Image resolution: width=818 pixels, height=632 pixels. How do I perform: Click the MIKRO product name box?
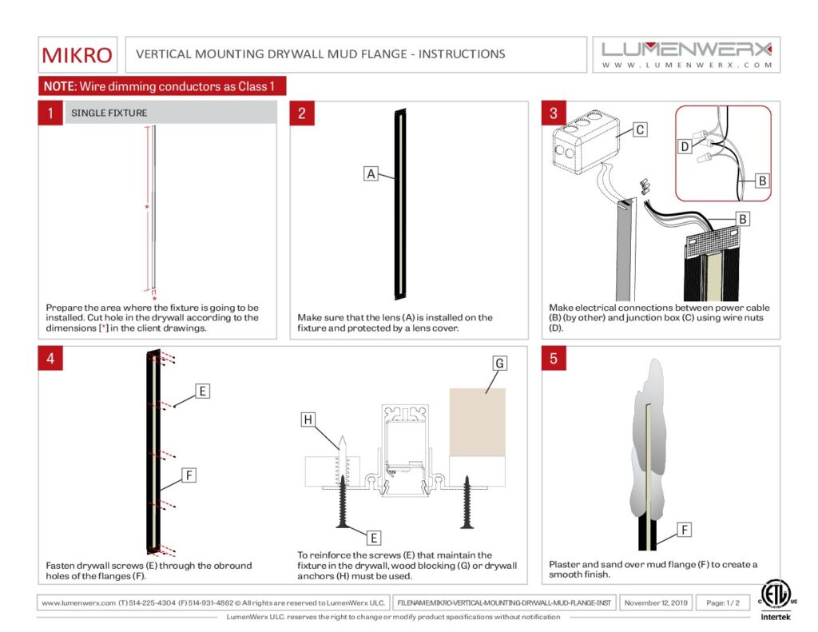point(77,54)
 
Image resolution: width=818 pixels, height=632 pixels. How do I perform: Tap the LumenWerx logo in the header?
point(686,54)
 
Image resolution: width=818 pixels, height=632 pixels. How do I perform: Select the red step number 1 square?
point(50,113)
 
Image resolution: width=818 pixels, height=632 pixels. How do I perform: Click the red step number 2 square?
point(302,113)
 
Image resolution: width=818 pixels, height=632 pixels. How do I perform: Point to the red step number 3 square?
point(554,113)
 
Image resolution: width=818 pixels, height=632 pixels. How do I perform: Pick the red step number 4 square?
point(50,358)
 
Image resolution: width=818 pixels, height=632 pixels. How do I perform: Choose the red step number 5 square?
point(554,358)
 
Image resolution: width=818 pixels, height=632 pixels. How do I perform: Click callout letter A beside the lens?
point(371,173)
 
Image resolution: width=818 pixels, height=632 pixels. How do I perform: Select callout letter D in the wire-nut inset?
point(685,146)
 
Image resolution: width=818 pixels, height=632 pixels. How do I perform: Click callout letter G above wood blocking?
point(499,364)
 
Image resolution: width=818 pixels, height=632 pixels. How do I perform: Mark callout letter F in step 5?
point(685,529)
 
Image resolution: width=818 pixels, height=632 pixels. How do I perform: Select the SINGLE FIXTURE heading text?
point(109,113)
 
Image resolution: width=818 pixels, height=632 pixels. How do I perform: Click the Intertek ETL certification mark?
point(774,598)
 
